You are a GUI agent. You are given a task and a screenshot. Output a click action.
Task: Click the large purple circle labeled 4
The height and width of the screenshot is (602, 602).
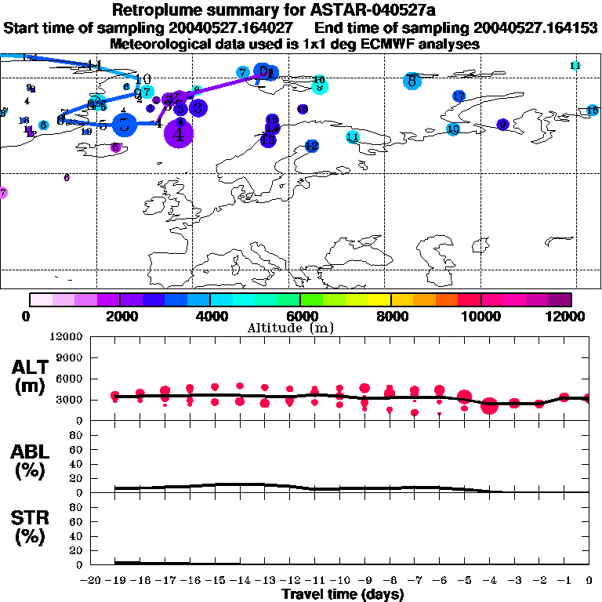point(180,133)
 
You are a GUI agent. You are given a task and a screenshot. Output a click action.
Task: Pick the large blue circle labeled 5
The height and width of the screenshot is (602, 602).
point(124,124)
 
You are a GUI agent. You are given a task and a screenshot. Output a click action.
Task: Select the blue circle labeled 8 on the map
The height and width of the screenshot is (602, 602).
point(412,80)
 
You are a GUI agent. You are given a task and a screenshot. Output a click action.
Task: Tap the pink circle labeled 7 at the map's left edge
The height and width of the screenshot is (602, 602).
point(2,193)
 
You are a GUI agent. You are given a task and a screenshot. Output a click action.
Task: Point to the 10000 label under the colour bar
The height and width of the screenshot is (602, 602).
point(481,316)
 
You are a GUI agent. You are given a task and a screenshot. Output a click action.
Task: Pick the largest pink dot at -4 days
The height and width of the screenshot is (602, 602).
point(489,405)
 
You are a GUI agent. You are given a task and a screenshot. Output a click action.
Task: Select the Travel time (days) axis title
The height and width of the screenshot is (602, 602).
point(343,594)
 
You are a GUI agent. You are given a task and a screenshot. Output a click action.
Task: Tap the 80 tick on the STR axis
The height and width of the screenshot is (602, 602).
point(78,507)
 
